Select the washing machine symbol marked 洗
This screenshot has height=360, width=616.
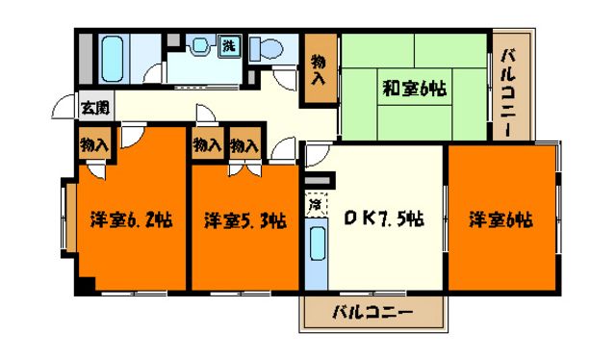230,44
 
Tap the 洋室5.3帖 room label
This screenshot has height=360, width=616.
244,220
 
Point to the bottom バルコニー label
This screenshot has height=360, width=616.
372,312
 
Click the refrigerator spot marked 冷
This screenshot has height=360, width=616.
314,204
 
